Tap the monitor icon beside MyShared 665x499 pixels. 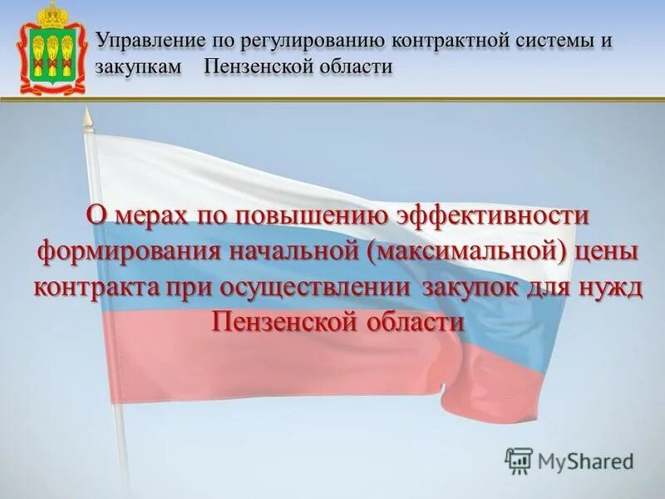coord(519,460)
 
